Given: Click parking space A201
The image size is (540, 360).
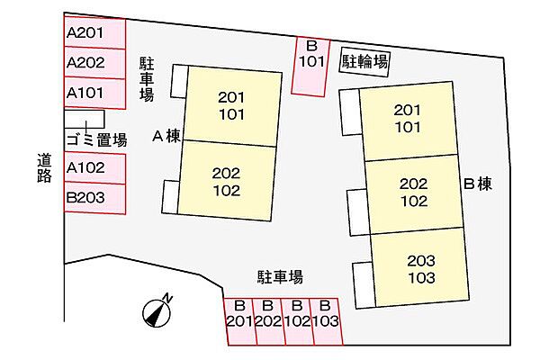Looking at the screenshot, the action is (x=94, y=32).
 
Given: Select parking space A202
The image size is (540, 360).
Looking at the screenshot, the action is (x=94, y=63).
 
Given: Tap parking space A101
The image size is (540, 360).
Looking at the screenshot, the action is (x=94, y=93).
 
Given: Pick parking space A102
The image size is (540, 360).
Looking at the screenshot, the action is (x=94, y=168).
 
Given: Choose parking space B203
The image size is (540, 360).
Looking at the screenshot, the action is (x=94, y=198).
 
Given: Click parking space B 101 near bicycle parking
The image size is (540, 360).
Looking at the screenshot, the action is (x=310, y=66).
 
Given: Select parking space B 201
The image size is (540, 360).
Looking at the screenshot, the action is (x=240, y=321).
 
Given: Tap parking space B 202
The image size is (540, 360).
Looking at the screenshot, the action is (x=269, y=321).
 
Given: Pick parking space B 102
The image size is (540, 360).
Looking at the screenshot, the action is (x=298, y=321).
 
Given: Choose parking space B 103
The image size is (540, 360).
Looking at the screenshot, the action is (x=327, y=321).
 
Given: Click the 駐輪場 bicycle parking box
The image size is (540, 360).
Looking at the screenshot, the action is (x=364, y=62).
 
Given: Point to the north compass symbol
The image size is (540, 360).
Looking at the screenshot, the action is (x=157, y=311).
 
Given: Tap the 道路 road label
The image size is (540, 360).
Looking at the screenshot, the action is (x=44, y=167).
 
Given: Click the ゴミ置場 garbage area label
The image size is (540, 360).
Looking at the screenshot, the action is (x=97, y=140).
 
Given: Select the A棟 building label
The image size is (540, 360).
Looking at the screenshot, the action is (x=166, y=137).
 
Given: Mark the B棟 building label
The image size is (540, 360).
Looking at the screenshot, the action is (x=478, y=184).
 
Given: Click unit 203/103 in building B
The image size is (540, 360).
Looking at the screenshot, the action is (x=420, y=269).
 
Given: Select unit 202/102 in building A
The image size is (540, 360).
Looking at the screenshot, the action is (x=227, y=181).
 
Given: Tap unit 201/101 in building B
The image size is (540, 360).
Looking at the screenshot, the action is (x=408, y=120).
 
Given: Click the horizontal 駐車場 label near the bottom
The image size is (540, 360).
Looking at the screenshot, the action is (x=280, y=276).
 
